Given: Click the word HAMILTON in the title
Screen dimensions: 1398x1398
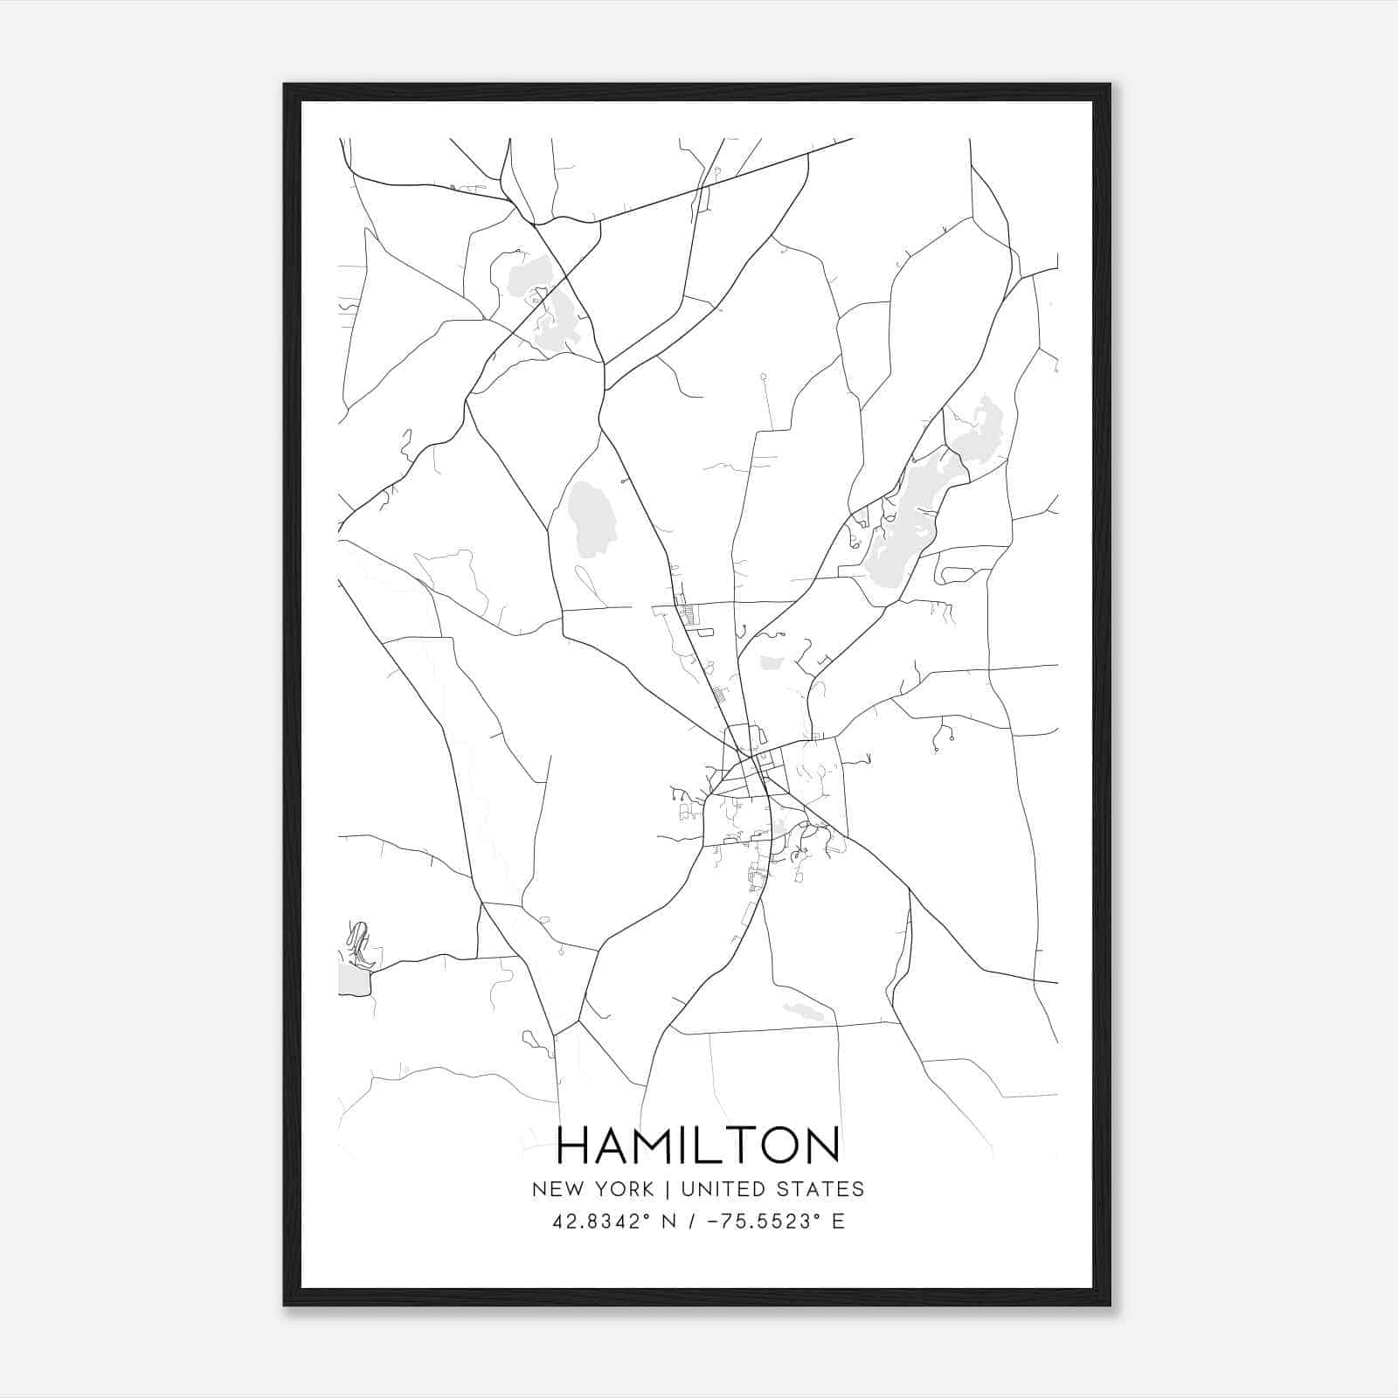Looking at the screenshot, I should (x=697, y=1145).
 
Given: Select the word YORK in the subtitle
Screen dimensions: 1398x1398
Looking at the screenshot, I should (x=626, y=1189).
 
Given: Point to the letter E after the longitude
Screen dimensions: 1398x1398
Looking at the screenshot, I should (x=838, y=1222).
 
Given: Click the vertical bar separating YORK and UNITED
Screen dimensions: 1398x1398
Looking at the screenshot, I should (x=667, y=1189).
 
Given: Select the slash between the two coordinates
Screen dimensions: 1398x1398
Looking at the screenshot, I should (x=692, y=1222).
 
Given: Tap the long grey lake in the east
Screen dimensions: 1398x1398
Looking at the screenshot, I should (x=904, y=524).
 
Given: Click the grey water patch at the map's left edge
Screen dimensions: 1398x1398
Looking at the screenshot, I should (x=352, y=979).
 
